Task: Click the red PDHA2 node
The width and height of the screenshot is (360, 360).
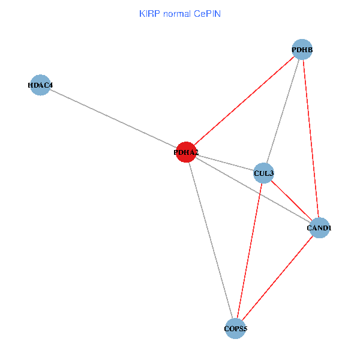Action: (x=187, y=152)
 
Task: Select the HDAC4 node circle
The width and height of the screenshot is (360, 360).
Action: (x=40, y=85)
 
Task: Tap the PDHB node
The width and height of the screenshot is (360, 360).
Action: (x=302, y=49)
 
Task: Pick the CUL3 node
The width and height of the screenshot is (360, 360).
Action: (x=264, y=173)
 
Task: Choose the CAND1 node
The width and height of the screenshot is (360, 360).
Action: (x=319, y=228)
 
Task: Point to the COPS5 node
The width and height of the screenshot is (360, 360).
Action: (x=236, y=329)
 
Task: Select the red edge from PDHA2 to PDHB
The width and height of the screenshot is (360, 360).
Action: (x=244, y=101)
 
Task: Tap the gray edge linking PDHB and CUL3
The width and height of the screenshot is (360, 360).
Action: (x=283, y=112)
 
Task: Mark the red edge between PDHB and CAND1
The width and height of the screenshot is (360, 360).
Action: (x=311, y=139)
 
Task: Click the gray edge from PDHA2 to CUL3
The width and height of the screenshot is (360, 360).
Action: (x=225, y=163)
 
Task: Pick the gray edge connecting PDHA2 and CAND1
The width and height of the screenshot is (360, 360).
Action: (x=253, y=190)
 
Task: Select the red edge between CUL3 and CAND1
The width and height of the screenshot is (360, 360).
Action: (x=291, y=200)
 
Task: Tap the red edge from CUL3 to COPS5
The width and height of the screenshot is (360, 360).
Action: (x=250, y=251)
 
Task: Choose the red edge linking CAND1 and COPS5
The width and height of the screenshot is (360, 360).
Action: (x=277, y=278)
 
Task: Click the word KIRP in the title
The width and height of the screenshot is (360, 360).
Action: (x=149, y=13)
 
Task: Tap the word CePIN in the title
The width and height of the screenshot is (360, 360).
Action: (x=207, y=13)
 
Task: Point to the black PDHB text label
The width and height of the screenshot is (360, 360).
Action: (x=302, y=49)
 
